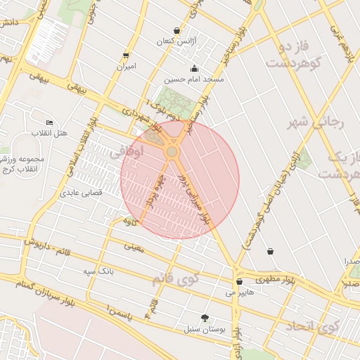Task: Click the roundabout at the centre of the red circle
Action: click(172, 152)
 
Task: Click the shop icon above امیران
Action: click(126, 55)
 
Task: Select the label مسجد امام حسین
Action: click(194, 80)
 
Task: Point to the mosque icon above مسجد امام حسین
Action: click(194, 69)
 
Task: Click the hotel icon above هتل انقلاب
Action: click(49, 122)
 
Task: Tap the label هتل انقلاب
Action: click(49, 133)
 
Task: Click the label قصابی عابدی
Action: click(82, 191)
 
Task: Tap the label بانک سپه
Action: click(98, 271)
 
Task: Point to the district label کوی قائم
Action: click(176, 278)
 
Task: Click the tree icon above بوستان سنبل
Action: click(205, 317)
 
